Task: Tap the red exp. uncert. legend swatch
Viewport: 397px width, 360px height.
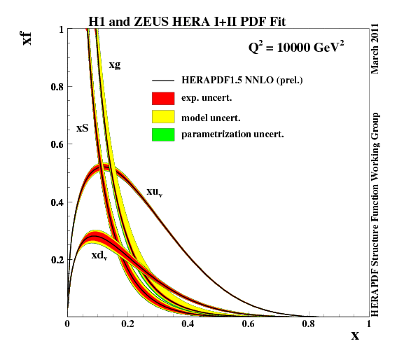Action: pos(162,97)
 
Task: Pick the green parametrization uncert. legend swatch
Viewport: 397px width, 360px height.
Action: pos(162,134)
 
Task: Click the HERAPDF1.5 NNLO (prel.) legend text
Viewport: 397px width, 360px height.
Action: pos(242,81)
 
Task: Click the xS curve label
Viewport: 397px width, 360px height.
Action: pos(82,129)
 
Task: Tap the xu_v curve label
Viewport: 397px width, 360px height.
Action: pos(155,191)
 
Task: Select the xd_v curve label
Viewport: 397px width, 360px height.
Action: pos(99,256)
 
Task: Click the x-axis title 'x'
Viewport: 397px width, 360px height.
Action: pos(355,335)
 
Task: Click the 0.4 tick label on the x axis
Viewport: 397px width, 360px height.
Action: pos(188,324)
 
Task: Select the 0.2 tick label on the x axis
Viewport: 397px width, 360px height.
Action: pos(127,324)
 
